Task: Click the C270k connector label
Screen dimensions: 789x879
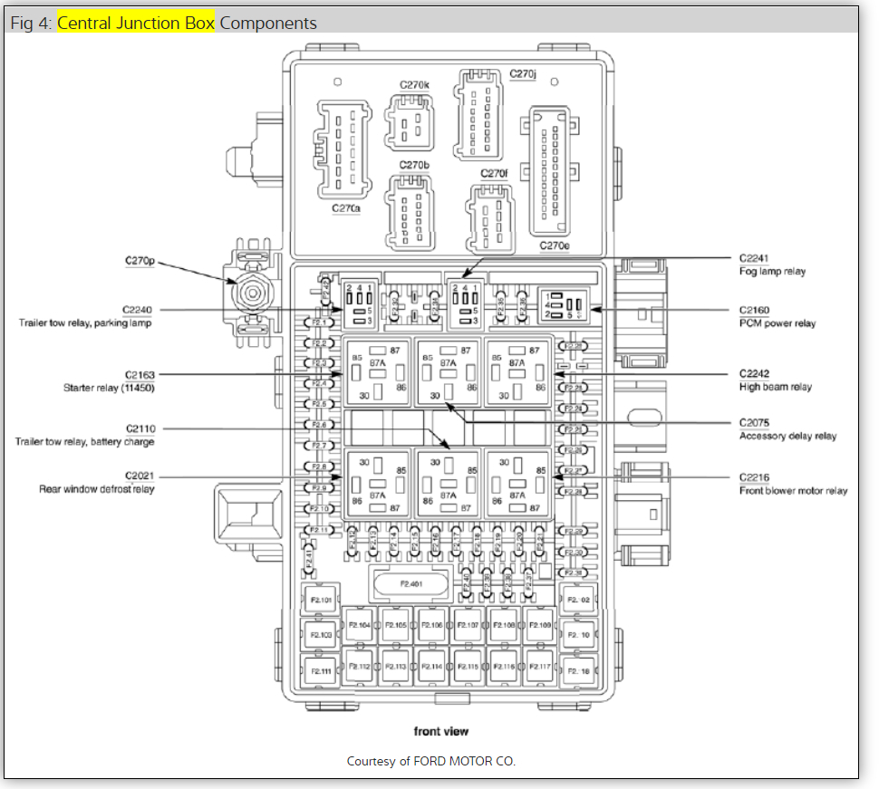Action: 415,85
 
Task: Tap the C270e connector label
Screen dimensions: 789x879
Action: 554,245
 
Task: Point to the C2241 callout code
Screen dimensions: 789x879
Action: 754,258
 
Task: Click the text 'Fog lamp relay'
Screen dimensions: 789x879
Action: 772,271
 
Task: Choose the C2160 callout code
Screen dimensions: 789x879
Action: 754,311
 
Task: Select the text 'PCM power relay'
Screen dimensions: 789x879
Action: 777,323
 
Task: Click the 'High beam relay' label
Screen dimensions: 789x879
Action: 775,387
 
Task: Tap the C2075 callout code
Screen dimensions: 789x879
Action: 754,423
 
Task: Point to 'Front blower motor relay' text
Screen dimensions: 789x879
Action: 793,490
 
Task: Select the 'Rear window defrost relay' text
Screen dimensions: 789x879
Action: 96,489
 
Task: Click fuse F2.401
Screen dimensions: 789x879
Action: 411,584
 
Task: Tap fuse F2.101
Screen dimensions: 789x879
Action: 321,600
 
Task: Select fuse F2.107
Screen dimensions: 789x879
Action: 468,625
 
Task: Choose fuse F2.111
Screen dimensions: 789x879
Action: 321,670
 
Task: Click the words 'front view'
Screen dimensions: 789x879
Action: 441,731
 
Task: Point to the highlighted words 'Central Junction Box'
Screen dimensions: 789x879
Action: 136,23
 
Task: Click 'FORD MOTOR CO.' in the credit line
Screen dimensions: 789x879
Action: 464,761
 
